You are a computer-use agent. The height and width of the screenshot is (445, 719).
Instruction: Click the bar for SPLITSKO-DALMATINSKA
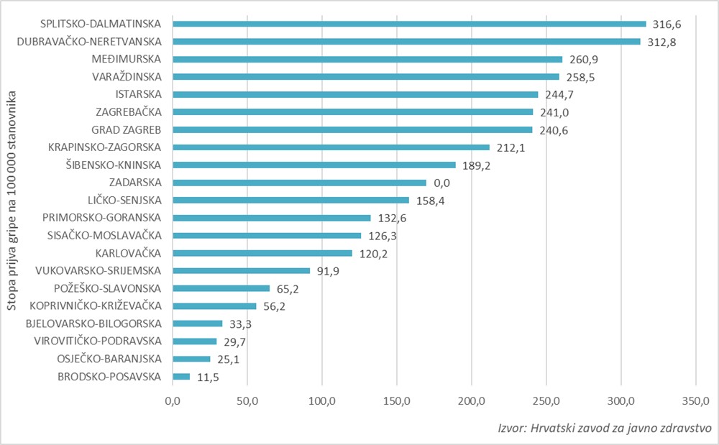409,24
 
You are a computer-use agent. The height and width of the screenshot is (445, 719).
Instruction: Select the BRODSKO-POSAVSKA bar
181,377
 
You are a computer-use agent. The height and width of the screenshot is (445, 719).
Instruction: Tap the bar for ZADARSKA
299,183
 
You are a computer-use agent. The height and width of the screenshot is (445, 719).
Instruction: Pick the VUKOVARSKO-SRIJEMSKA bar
241,271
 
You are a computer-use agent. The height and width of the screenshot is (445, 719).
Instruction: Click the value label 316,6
667,24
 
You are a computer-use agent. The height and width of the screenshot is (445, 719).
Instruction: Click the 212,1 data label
511,148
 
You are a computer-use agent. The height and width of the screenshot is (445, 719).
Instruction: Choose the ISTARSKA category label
139,94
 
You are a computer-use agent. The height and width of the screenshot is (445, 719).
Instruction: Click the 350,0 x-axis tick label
695,400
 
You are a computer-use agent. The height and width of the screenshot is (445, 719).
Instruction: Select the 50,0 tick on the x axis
247,400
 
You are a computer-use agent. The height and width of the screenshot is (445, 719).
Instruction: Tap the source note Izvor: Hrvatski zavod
604,427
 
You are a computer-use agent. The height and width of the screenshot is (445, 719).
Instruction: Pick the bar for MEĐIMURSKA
367,59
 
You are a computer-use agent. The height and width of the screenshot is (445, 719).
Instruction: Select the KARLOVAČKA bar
262,253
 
